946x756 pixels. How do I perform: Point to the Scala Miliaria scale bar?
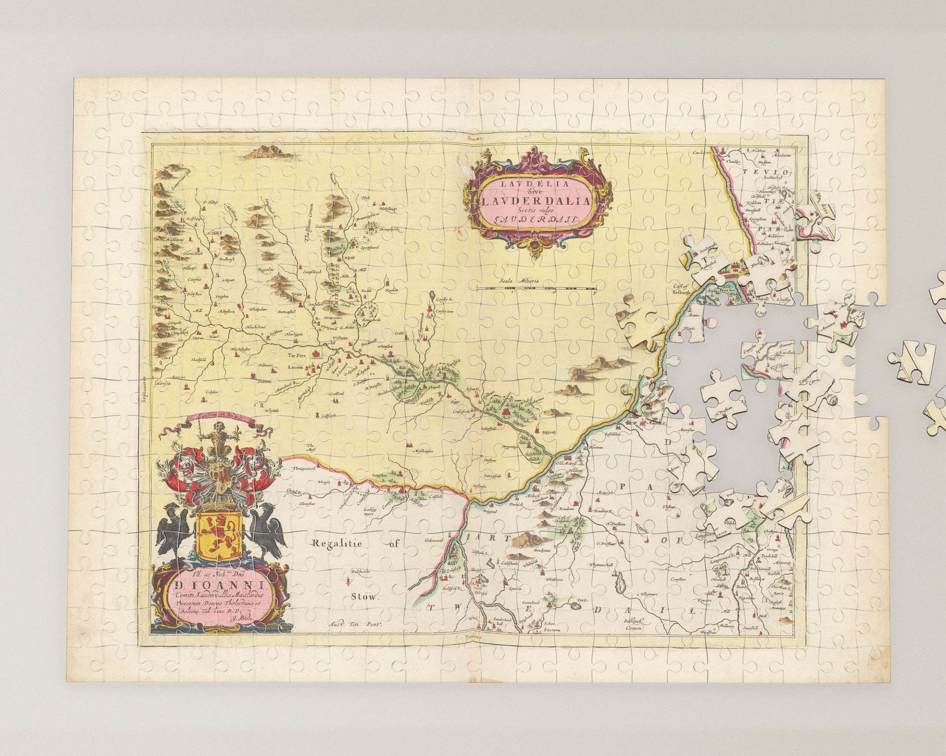coord(536,288)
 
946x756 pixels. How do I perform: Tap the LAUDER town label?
coord(295,368)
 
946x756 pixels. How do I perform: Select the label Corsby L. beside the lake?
coord(444,300)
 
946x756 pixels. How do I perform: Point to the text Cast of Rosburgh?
coord(680,289)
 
